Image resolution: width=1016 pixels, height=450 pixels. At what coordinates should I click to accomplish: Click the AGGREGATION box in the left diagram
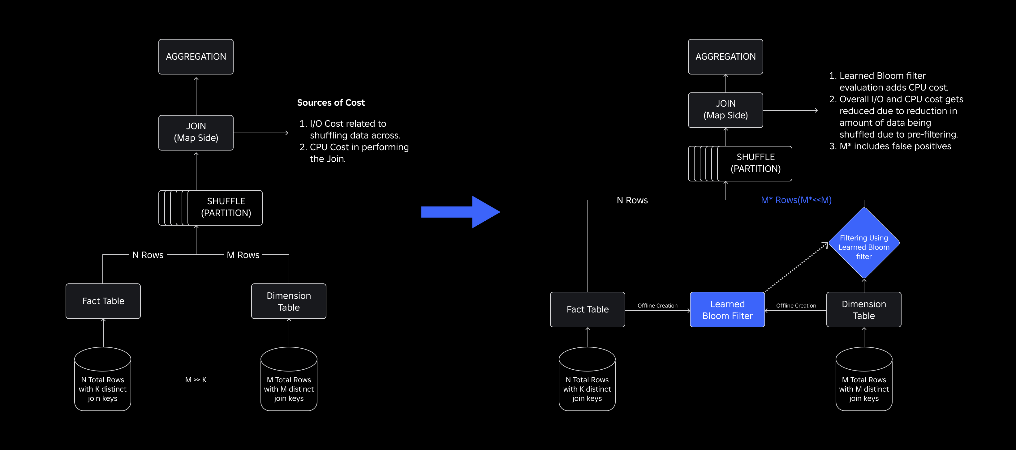point(196,57)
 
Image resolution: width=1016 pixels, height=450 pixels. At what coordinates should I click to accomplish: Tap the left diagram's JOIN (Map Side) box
point(196,132)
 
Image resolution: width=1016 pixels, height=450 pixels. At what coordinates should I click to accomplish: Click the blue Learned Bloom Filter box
point(727,310)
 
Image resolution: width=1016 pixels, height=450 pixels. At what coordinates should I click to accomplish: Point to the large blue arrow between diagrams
point(461,212)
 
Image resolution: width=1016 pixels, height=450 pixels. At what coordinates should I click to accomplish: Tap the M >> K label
point(196,380)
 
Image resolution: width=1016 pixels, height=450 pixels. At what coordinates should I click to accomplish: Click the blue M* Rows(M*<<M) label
point(796,200)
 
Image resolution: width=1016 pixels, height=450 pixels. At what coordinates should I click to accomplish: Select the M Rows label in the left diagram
point(243,255)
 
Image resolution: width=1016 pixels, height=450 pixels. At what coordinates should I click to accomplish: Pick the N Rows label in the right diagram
point(632,200)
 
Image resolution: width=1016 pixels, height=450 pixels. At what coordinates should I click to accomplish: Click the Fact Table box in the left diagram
point(103,301)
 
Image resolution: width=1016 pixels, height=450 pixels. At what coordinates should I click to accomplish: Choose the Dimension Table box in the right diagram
point(864,310)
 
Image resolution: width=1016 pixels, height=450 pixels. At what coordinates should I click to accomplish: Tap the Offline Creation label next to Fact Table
point(657,306)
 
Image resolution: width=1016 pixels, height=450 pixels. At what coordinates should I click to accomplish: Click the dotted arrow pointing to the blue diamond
point(796,267)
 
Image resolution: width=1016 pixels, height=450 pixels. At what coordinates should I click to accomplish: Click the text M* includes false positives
point(895,146)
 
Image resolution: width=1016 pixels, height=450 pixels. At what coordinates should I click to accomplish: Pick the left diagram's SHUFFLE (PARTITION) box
point(210,208)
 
